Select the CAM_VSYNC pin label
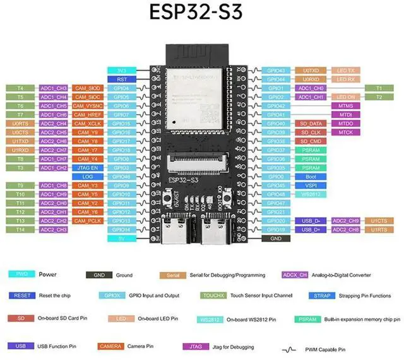(x=87, y=106)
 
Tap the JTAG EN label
(x=87, y=168)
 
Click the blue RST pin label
(x=122, y=79)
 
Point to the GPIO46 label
(x=122, y=177)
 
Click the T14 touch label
(x=20, y=229)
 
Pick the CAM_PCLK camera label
(x=87, y=221)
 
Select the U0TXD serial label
(x=311, y=71)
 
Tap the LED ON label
(x=345, y=97)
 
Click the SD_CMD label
(x=311, y=141)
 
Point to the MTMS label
(x=345, y=106)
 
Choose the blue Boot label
(x=311, y=177)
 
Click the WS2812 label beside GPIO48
(x=311, y=194)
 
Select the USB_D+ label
(x=311, y=229)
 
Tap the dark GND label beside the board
(x=276, y=239)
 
